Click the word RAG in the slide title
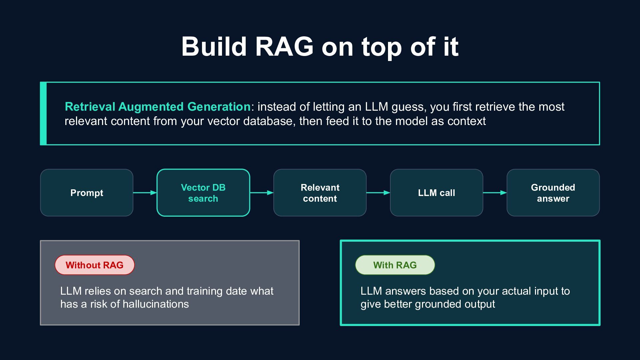pos(284,46)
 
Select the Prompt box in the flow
pos(87,193)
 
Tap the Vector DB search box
pos(203,193)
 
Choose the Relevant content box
pos(320,193)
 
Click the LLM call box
pos(436,193)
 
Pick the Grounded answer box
pos(553,193)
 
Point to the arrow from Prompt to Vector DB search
pos(145,193)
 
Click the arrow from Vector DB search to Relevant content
pos(262,193)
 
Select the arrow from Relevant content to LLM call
pos(378,193)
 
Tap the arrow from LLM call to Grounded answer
pos(495,193)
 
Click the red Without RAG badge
pos(95,265)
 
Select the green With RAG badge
pos(395,265)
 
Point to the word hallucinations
pos(156,304)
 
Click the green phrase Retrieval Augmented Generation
pos(158,107)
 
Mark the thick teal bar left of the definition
pos(43,113)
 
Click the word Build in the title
pos(214,46)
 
